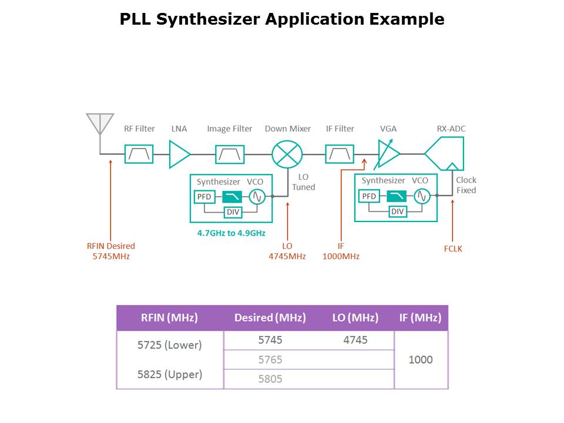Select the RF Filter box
(x=139, y=154)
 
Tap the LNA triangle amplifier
(x=179, y=154)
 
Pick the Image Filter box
(x=230, y=154)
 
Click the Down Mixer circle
(x=287, y=154)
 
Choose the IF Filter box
(x=340, y=154)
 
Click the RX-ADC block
(x=445, y=153)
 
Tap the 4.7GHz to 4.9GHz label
(x=231, y=233)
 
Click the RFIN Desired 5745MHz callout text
(x=111, y=251)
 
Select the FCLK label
(x=453, y=249)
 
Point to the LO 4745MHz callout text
(x=287, y=251)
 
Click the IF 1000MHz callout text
(x=341, y=251)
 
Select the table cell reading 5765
(x=270, y=360)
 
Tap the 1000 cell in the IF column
(x=421, y=360)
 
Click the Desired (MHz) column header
(x=270, y=318)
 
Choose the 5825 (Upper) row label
(x=170, y=374)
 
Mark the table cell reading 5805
(x=270, y=379)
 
